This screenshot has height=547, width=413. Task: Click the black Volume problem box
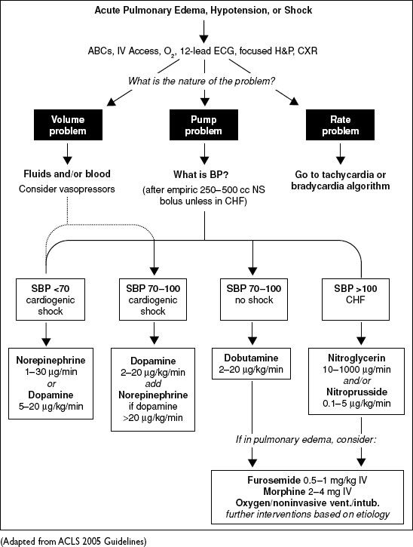[68, 125]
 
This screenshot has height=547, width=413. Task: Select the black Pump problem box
[203, 125]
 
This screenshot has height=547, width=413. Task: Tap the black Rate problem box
[340, 125]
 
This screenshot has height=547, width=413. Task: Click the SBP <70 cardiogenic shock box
[50, 300]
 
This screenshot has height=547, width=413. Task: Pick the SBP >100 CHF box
[356, 300]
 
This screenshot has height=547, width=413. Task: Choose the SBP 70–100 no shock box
[254, 300]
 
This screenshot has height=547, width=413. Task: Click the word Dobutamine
[251, 358]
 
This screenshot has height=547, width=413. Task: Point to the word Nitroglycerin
[356, 358]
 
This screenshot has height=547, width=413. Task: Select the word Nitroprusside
[356, 392]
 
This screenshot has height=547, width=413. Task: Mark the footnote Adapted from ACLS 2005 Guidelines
[74, 542]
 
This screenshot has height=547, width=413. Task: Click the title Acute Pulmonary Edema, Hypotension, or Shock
[203, 10]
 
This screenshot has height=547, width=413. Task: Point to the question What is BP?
[201, 174]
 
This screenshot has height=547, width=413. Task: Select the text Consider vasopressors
[67, 189]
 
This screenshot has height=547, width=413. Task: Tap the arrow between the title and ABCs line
[204, 32]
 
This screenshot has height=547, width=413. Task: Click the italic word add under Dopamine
[153, 384]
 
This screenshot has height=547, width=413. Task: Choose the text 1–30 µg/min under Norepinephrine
[51, 372]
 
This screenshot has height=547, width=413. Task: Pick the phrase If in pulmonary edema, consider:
[306, 440]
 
